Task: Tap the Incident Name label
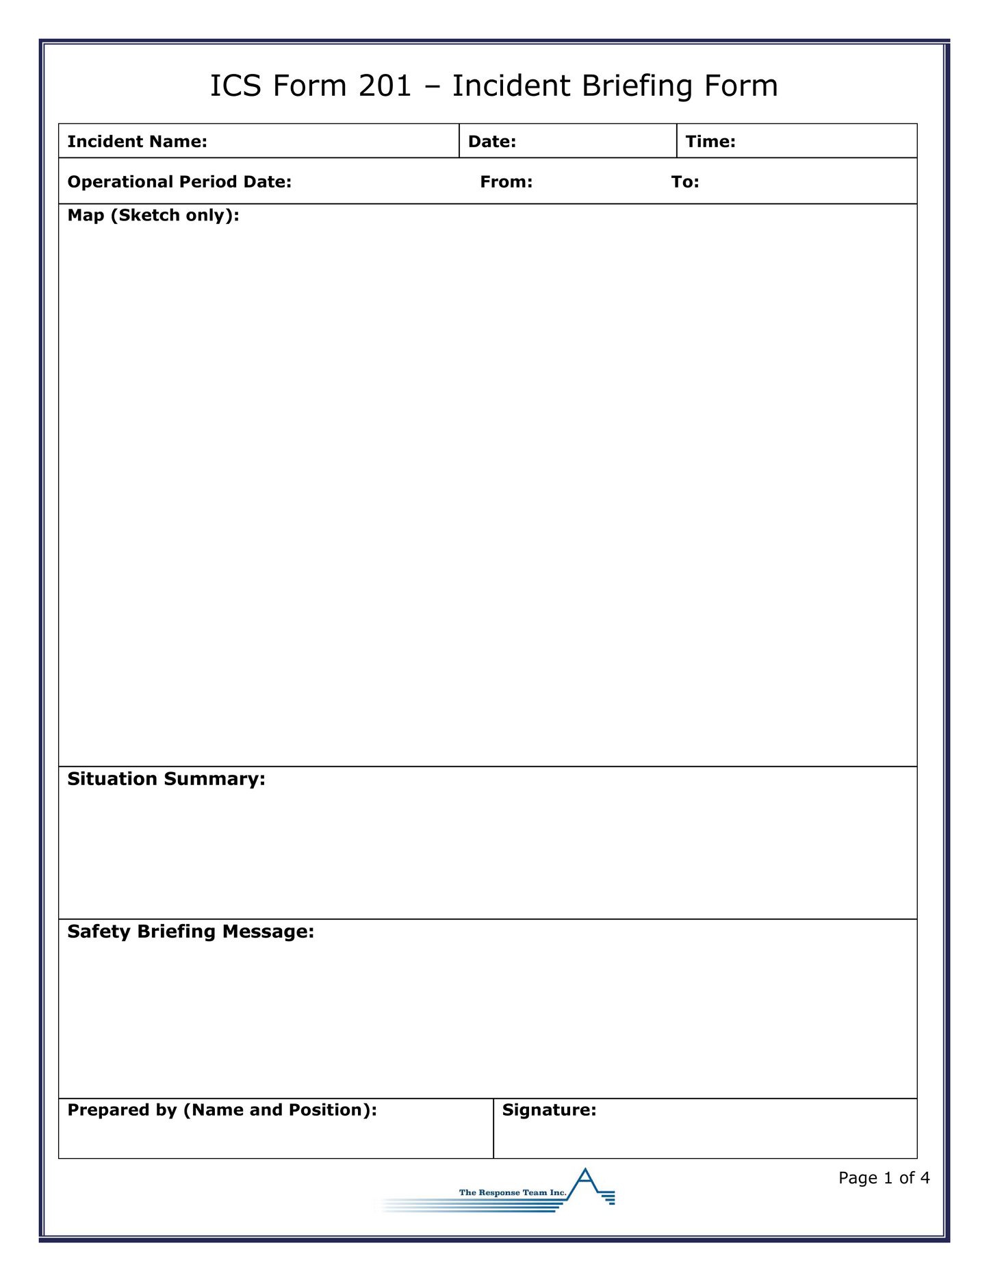[x=137, y=142]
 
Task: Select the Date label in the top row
[x=491, y=142]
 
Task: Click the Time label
[x=710, y=142]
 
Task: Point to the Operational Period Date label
[x=179, y=182]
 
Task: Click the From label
[x=506, y=182]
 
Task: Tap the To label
[x=685, y=182]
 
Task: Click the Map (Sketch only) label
[x=153, y=216]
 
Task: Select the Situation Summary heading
[x=166, y=779]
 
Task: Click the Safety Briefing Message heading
[x=191, y=932]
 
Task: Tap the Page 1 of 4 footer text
[x=884, y=1178]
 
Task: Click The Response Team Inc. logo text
[x=513, y=1193]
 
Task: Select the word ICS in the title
[x=233, y=86]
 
